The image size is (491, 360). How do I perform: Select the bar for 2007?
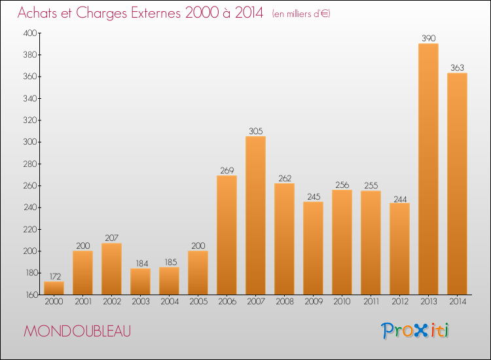(255, 215)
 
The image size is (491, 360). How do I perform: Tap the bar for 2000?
(54, 288)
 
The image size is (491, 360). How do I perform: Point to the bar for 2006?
(227, 235)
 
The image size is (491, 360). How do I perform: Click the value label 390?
(428, 39)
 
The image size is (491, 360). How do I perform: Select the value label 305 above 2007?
(255, 132)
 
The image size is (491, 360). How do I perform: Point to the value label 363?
(457, 68)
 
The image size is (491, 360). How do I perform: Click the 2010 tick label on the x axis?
(342, 302)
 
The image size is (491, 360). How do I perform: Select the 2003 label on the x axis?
(140, 302)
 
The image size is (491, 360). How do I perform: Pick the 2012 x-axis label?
(399, 302)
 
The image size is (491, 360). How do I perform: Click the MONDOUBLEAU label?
(77, 331)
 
